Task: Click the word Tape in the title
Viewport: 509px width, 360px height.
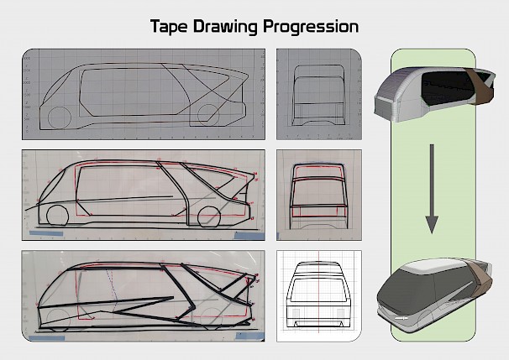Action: pyautogui.click(x=169, y=27)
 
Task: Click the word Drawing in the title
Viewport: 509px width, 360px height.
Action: pyautogui.click(x=225, y=27)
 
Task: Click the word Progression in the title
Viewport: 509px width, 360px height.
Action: pyautogui.click(x=311, y=27)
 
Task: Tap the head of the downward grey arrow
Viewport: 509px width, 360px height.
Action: pyautogui.click(x=432, y=224)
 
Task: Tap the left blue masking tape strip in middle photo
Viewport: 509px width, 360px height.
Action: pyautogui.click(x=46, y=233)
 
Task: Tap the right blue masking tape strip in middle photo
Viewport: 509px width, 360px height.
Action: pyautogui.click(x=249, y=236)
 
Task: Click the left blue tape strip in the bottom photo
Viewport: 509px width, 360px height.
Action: pyautogui.click(x=47, y=338)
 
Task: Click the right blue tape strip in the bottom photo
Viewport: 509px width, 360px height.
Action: pyautogui.click(x=250, y=337)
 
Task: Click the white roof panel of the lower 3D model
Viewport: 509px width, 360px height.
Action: pyautogui.click(x=432, y=266)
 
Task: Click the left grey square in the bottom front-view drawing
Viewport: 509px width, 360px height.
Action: pyautogui.click(x=296, y=313)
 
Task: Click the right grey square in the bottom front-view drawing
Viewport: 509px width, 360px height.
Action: pyautogui.click(x=341, y=313)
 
